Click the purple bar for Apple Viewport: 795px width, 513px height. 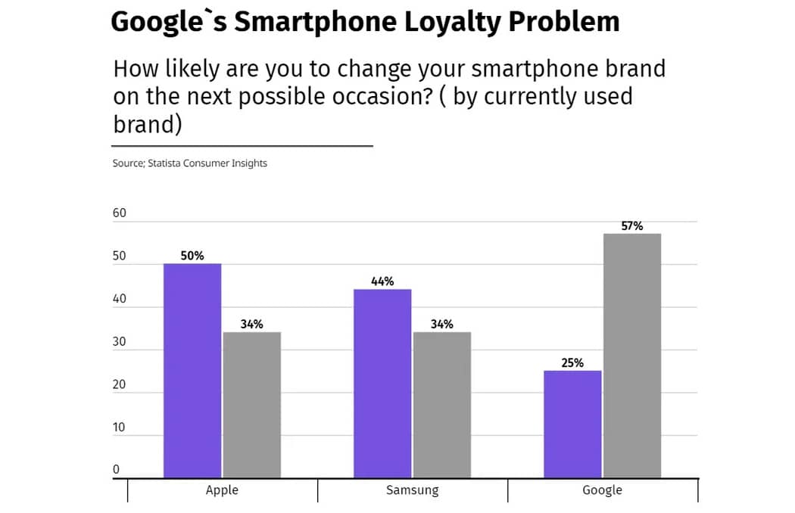[x=192, y=371]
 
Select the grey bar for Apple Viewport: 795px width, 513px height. [x=251, y=405]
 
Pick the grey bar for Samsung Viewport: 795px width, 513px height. [x=441, y=405]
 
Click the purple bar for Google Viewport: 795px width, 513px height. [x=572, y=424]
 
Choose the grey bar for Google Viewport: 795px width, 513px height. [x=631, y=356]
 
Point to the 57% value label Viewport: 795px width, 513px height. [x=632, y=225]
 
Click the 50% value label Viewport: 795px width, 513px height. [x=192, y=256]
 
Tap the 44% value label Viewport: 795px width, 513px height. [x=382, y=281]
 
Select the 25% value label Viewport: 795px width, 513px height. [x=572, y=362]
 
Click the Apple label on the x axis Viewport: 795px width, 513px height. [x=222, y=490]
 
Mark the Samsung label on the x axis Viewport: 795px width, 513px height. [x=412, y=490]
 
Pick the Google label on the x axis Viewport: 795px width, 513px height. [x=602, y=490]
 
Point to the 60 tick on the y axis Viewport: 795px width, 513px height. [x=120, y=213]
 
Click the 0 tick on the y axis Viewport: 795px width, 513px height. [x=116, y=470]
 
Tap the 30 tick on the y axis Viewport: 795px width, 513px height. [x=120, y=342]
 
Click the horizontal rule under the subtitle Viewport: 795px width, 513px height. [x=242, y=145]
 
